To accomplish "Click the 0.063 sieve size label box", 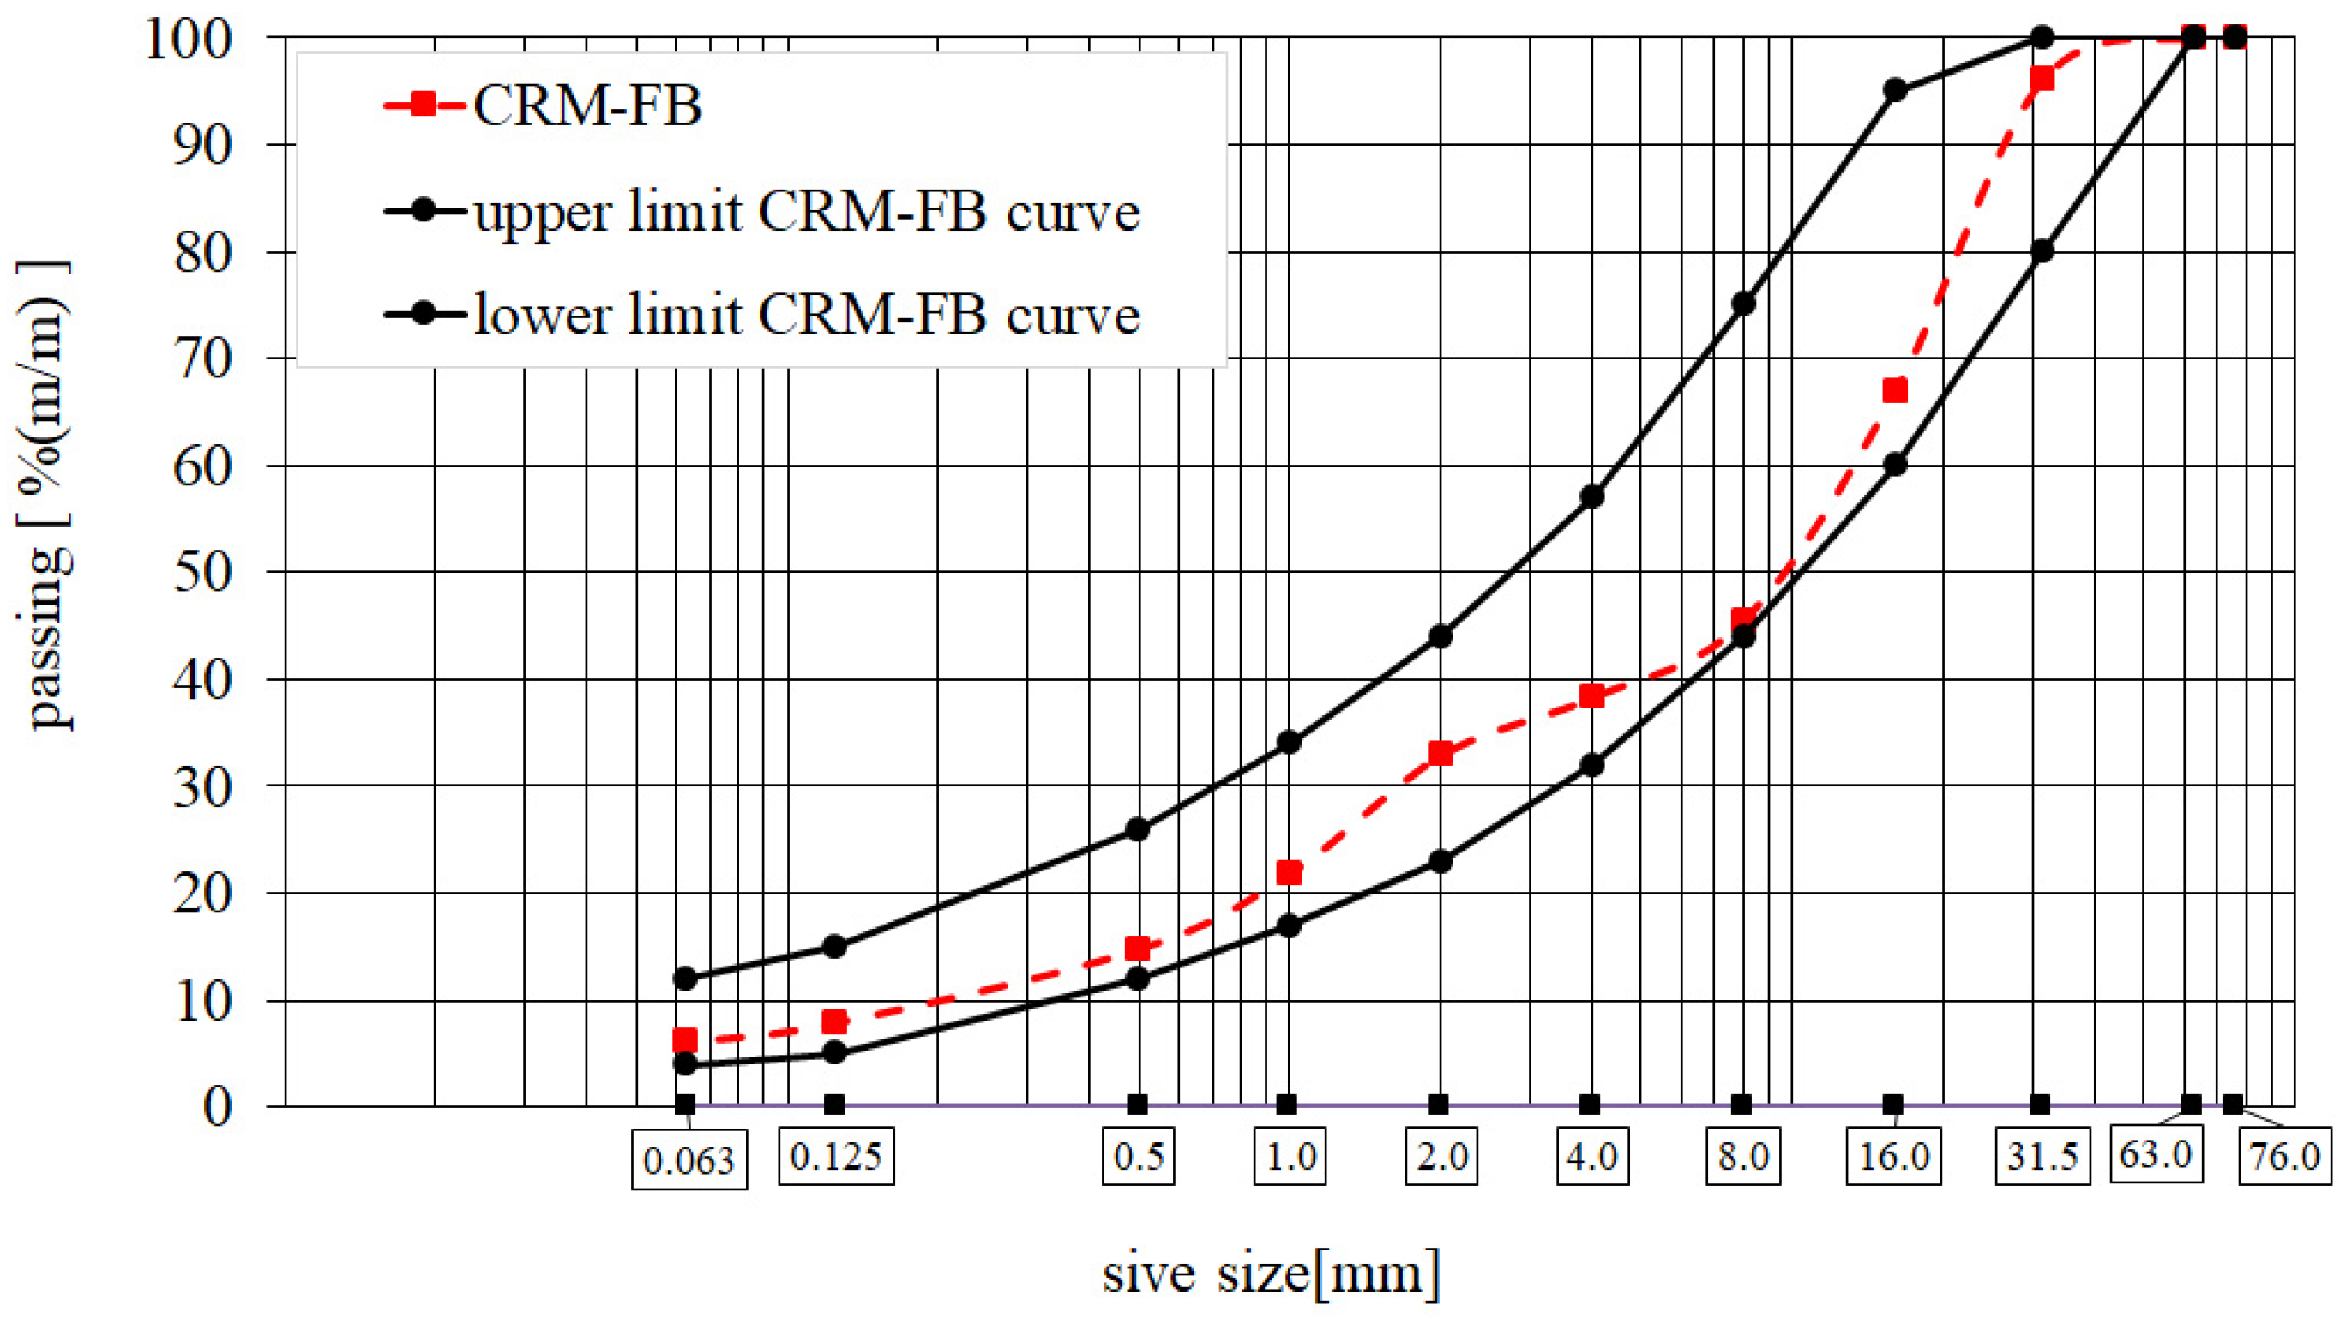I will [689, 1159].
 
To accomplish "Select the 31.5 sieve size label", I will [2042, 1157].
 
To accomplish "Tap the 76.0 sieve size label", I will [2285, 1157].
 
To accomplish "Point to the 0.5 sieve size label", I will [1139, 1157].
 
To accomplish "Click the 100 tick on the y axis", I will [202, 39].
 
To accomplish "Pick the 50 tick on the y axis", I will [202, 572].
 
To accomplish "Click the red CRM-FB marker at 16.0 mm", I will [1894, 391].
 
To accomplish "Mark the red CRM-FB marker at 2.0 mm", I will [1440, 753].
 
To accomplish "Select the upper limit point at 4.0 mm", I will [1592, 497].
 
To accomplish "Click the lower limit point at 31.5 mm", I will [2042, 250].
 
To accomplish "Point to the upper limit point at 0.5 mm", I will [1138, 829].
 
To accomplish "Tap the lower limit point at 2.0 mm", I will [1440, 861].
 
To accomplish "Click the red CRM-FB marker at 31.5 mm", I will [2042, 78].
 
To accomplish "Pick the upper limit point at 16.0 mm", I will [1894, 90].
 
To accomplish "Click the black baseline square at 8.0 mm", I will [1741, 1105].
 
